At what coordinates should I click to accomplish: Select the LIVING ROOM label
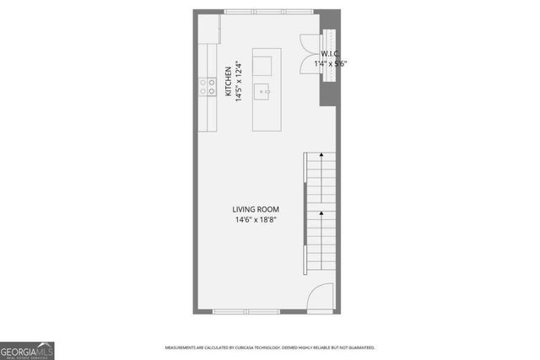pyautogui.click(x=256, y=209)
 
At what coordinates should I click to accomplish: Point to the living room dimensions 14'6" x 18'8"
pyautogui.click(x=256, y=220)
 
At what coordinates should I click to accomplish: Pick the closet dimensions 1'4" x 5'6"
pyautogui.click(x=331, y=63)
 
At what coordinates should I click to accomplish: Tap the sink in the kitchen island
pyautogui.click(x=264, y=89)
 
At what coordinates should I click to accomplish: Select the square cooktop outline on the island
pyautogui.click(x=262, y=66)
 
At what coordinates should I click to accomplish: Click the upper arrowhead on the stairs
pyautogui.click(x=321, y=157)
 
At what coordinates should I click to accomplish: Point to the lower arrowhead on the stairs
pyautogui.click(x=321, y=215)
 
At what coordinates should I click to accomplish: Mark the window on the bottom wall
pyautogui.click(x=246, y=312)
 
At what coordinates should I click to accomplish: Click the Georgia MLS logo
pyautogui.click(x=27, y=350)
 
